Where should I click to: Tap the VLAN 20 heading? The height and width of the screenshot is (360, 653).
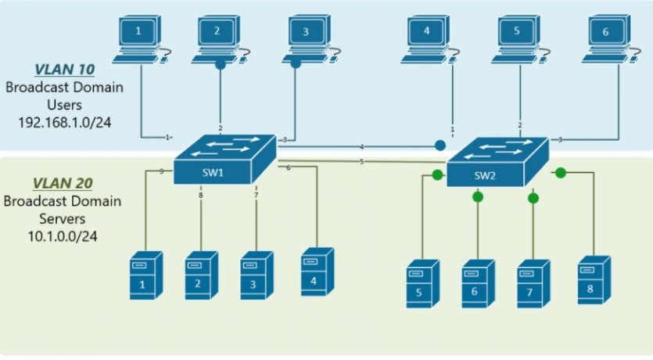point(63,183)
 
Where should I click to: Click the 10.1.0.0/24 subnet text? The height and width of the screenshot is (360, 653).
point(63,234)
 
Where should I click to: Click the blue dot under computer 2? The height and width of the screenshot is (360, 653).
point(220,67)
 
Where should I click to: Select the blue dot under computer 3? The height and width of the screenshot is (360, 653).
point(296,64)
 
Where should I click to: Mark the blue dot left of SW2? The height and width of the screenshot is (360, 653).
point(440,145)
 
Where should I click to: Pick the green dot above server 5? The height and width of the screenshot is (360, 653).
point(438,174)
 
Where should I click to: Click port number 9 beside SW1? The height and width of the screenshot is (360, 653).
point(160,171)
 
